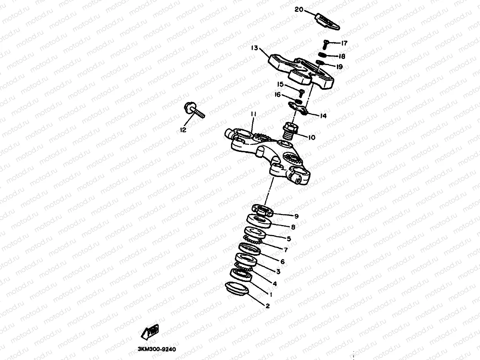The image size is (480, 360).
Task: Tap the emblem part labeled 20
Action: [x=327, y=21]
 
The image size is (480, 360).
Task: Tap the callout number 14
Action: [x=323, y=116]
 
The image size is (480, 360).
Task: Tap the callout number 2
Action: [x=267, y=306]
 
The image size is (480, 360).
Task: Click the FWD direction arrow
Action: [x=149, y=332]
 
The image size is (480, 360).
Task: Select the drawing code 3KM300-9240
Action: [x=156, y=349]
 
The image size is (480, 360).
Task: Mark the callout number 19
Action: [x=339, y=67]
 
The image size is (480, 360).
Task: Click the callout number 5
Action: [x=289, y=239]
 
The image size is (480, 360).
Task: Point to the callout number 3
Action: [x=278, y=272]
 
